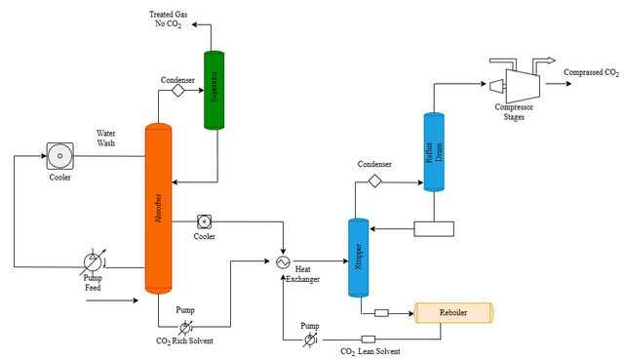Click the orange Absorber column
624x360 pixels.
[x=158, y=209]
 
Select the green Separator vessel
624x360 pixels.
[x=214, y=90]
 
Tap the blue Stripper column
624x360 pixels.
[x=359, y=258]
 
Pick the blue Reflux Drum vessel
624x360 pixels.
[x=434, y=152]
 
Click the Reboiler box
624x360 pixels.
[x=453, y=312]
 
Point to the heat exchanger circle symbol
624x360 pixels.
[x=283, y=262]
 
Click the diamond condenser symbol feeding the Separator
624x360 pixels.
[x=177, y=91]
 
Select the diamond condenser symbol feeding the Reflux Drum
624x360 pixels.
[x=374, y=181]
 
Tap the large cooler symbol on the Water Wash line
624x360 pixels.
[x=60, y=156]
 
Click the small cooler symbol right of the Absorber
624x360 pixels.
[x=204, y=221]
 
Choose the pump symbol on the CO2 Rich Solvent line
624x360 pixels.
[x=184, y=328]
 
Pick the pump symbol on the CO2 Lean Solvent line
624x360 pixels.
[x=310, y=340]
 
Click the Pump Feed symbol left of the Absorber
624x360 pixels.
[x=93, y=262]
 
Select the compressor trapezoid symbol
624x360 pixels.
[x=523, y=86]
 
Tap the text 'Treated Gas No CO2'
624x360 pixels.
[x=169, y=20]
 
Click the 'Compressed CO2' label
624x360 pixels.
[x=592, y=72]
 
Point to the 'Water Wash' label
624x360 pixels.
[x=106, y=139]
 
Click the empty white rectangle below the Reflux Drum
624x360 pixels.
[x=434, y=229]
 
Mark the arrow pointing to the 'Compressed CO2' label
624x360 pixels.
[x=559, y=84]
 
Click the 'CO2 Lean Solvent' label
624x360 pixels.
[x=370, y=351]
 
